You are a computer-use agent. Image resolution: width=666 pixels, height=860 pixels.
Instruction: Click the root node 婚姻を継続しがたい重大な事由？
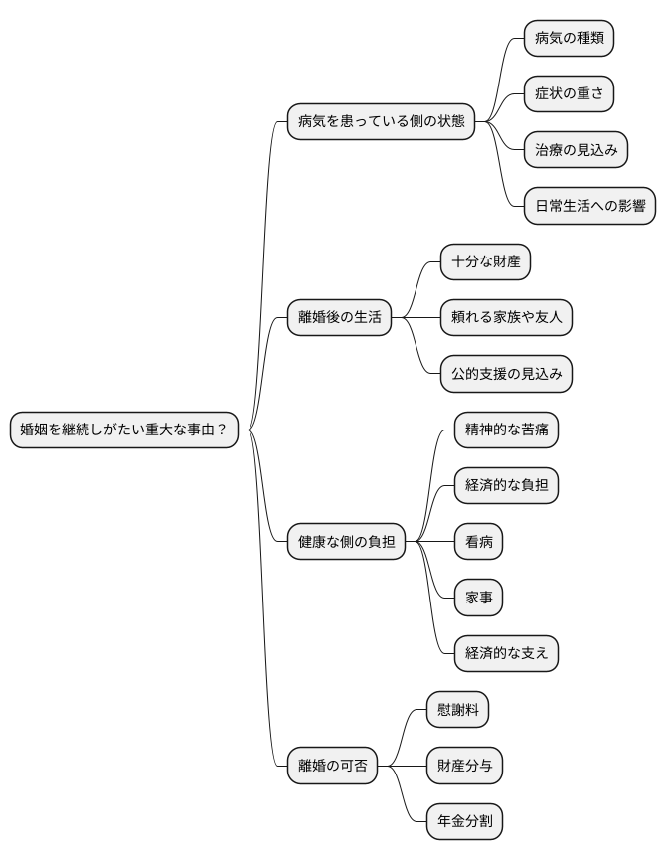pyautogui.click(x=124, y=430)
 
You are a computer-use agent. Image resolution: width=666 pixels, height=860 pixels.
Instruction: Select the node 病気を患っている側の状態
pyautogui.click(x=381, y=122)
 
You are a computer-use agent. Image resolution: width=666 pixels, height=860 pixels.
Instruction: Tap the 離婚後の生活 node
pyautogui.click(x=339, y=318)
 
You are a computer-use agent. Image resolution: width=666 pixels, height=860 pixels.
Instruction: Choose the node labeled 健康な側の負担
pyautogui.click(x=346, y=542)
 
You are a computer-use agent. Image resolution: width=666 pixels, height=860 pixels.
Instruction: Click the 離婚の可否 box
pyautogui.click(x=332, y=766)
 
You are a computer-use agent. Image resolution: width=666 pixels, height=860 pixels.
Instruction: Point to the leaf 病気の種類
pyautogui.click(x=569, y=38)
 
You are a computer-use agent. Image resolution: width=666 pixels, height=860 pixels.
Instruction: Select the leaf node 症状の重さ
pyautogui.click(x=569, y=93)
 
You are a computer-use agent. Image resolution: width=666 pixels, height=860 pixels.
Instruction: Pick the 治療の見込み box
pyautogui.click(x=577, y=150)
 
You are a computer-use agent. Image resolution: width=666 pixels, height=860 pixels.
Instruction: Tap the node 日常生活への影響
pyautogui.click(x=589, y=206)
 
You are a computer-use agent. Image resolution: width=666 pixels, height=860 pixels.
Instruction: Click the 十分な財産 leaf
pyautogui.click(x=485, y=262)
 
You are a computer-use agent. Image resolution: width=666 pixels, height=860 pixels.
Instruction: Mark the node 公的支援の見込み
pyautogui.click(x=506, y=374)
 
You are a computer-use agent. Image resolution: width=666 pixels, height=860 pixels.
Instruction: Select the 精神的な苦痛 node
pyautogui.click(x=506, y=430)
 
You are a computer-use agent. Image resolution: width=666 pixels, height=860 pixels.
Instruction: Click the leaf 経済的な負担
pyautogui.click(x=506, y=486)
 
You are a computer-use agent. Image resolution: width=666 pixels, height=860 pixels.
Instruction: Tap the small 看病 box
pyautogui.click(x=478, y=542)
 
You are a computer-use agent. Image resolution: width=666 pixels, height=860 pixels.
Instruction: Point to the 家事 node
pyautogui.click(x=478, y=598)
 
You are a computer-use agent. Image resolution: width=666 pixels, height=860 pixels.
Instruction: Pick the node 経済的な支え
pyautogui.click(x=506, y=654)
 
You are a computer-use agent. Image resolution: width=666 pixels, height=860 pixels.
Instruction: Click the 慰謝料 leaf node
pyautogui.click(x=457, y=710)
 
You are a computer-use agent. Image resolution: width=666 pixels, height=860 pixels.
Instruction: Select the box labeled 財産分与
pyautogui.click(x=464, y=766)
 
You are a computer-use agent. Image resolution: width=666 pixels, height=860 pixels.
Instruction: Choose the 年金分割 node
pyautogui.click(x=464, y=822)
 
